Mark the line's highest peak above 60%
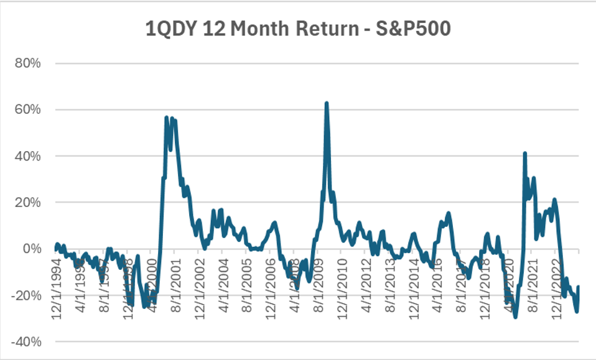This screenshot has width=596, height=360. click(327, 103)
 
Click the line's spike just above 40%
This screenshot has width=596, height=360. click(525, 153)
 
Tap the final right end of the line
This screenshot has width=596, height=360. click(579, 287)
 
